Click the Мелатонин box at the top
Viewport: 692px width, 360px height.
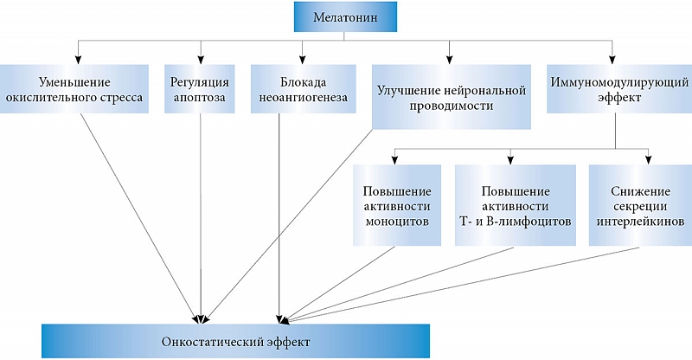[x=345, y=17]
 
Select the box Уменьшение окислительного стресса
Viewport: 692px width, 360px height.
[x=74, y=89]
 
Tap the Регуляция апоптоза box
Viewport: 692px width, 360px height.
[x=200, y=89]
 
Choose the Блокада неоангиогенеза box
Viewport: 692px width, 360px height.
[x=304, y=89]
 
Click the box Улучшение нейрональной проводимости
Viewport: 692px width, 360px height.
[x=451, y=97]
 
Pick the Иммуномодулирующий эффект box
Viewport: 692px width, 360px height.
[x=619, y=89]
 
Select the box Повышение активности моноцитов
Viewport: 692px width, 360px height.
[x=397, y=205]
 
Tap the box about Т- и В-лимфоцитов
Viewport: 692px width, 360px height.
[x=516, y=205]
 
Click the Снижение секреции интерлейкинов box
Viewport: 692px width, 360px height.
[x=640, y=205]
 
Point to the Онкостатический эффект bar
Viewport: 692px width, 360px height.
[x=235, y=341]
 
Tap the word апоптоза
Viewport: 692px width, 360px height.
[x=200, y=98]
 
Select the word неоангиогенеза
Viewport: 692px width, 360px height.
[x=304, y=98]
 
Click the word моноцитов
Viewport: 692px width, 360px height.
[x=397, y=221]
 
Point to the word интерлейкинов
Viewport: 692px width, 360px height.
[x=640, y=221]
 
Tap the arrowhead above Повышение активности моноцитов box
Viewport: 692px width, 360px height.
[x=395, y=159]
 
